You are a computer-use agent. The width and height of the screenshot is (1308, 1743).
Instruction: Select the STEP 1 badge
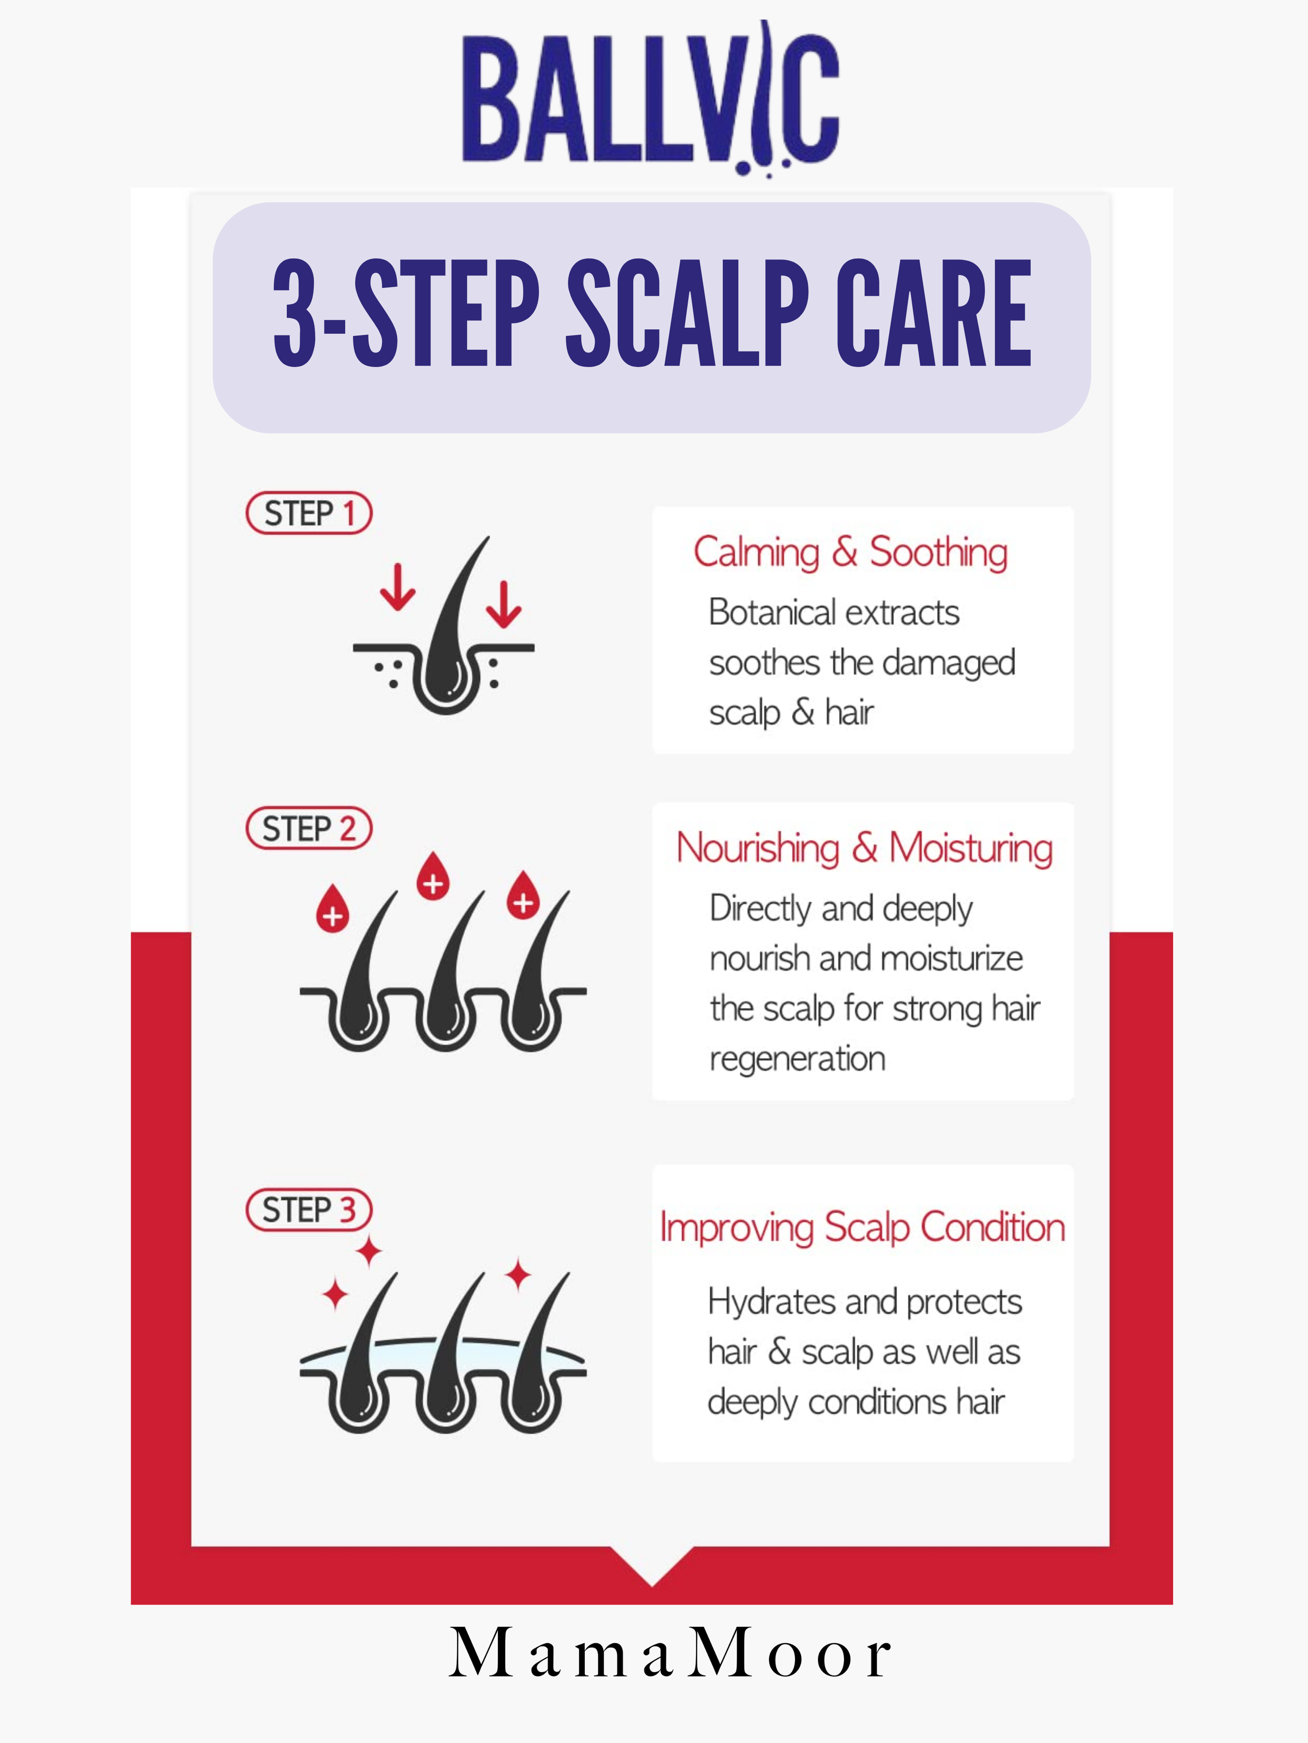pos(309,513)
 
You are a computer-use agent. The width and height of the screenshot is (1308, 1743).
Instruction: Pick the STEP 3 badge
pos(309,1210)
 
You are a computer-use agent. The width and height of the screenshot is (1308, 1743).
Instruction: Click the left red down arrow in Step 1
pos(398,587)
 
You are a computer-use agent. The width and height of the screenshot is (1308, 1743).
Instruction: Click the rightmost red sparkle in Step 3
pos(518,1276)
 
